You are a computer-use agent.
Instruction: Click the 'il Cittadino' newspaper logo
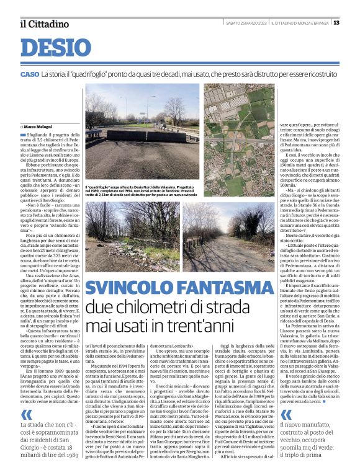coord(43,24)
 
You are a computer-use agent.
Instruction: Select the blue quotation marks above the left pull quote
coord(25,415)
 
